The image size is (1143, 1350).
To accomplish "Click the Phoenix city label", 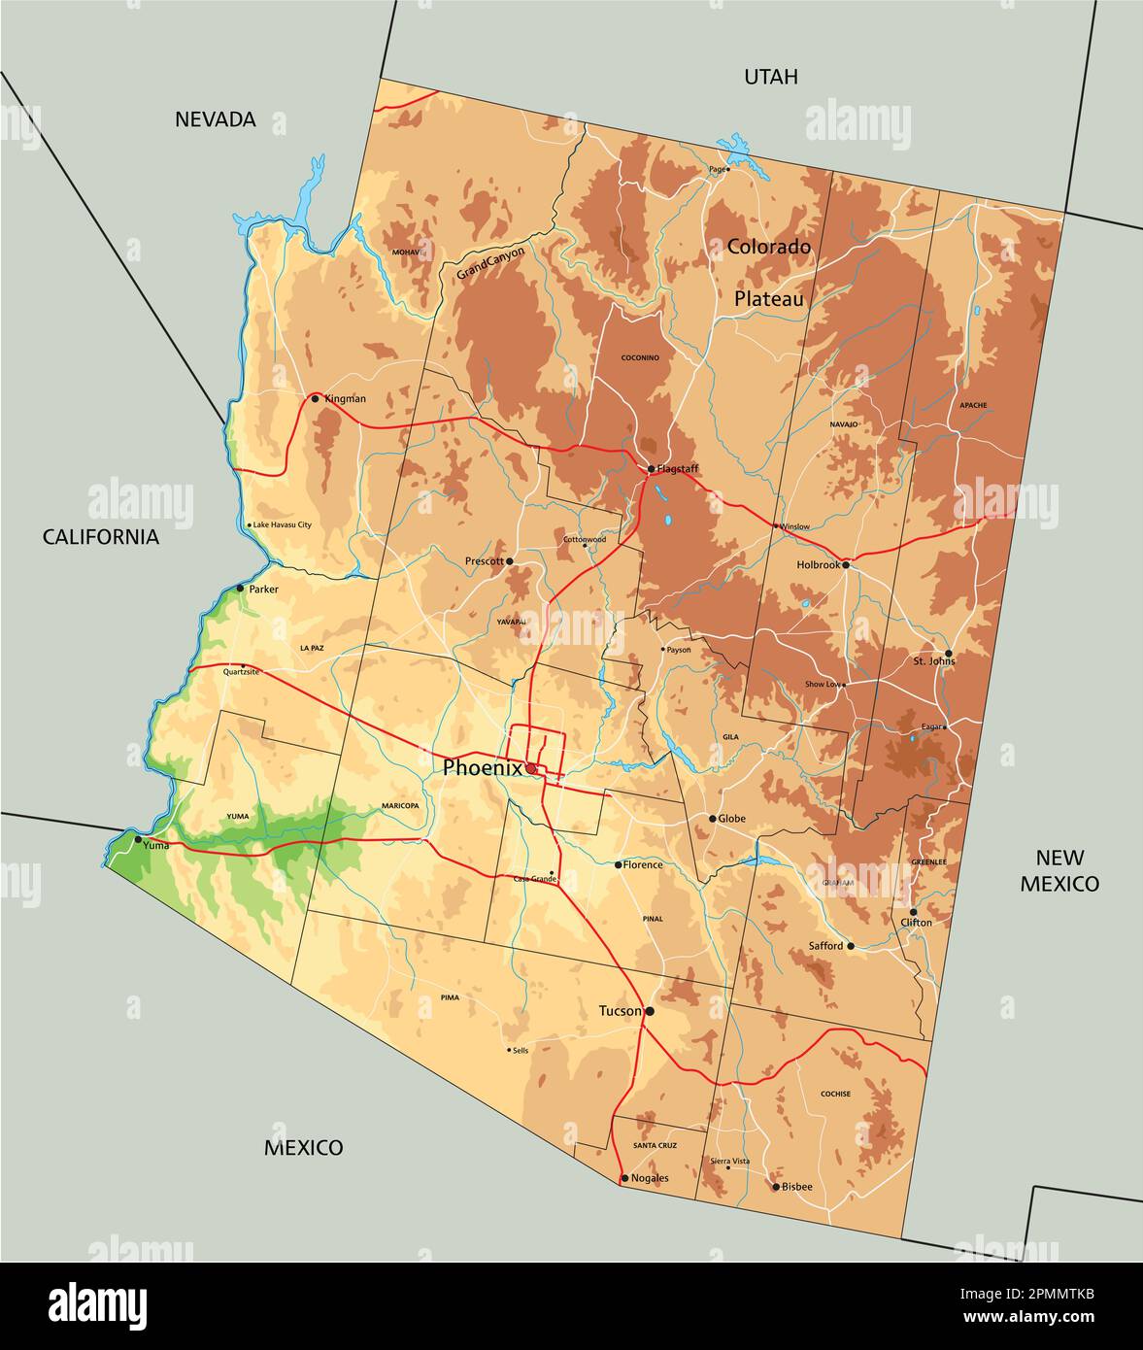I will pos(482,767).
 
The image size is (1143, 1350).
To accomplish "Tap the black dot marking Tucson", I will pos(650,1011).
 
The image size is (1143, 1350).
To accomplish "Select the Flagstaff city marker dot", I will pos(651,469).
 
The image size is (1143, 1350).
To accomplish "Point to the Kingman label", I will pos(345,398).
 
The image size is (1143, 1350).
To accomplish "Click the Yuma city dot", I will pos(137,839).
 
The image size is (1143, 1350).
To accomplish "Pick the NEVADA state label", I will pos(215,119).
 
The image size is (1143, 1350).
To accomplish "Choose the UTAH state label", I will pos(770,77).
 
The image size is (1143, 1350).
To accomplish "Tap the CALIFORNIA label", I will pos(100,537).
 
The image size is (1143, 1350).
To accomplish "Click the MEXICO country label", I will pos(303,1148).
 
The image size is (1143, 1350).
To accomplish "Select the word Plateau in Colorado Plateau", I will pos(768,299).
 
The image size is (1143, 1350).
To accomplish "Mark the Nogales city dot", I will pos(623,1178).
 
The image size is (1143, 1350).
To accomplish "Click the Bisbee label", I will pos(797,1186).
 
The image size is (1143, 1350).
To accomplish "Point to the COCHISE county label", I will pos(835,1094).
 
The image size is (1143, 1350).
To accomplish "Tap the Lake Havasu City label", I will pos(282,525).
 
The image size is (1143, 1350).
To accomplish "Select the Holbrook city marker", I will pos(846,564).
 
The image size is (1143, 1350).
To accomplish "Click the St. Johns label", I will pos(933,661).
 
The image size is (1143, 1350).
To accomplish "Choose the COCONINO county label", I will pos(640,357).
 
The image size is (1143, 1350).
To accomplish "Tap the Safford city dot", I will pos(851,945).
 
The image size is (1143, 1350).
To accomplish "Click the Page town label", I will pos(717,169).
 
